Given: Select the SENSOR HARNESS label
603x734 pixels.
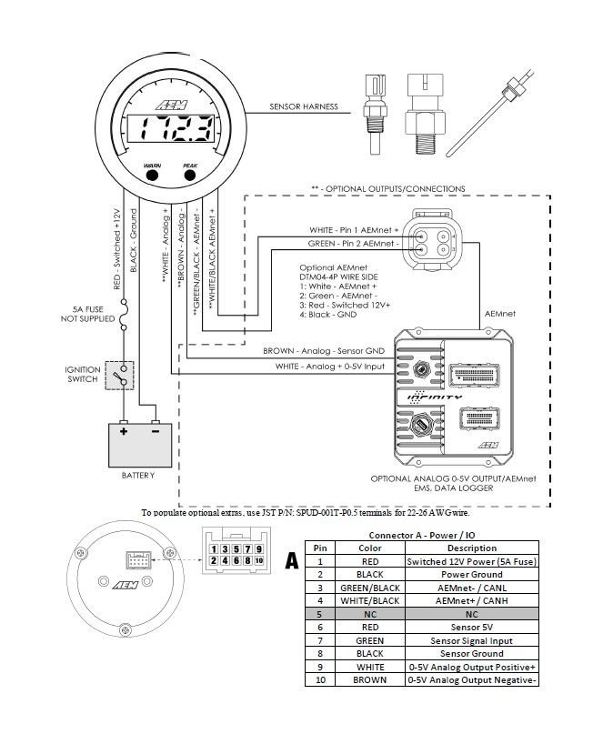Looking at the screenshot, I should coord(303,107).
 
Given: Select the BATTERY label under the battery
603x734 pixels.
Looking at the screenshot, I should coord(137,475).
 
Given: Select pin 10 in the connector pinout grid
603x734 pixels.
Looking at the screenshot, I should coord(258,561).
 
